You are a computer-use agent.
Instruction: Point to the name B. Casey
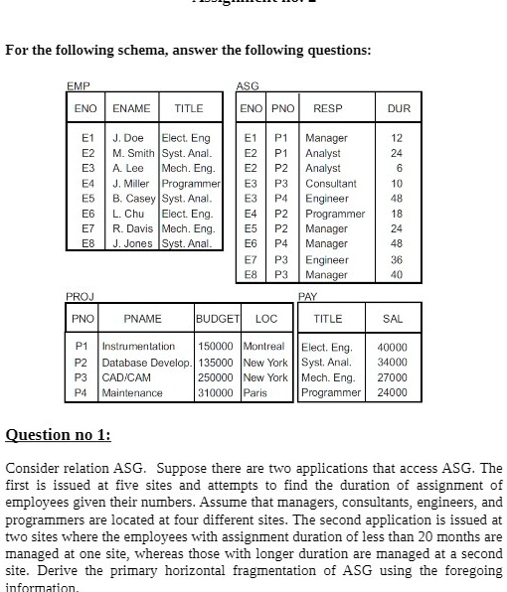click(x=134, y=198)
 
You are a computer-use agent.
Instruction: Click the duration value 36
click(x=397, y=258)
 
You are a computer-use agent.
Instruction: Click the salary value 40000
click(x=393, y=347)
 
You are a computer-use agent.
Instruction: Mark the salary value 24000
click(x=393, y=392)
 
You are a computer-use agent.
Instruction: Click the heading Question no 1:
click(x=59, y=436)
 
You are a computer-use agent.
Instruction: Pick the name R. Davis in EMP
click(x=135, y=228)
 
